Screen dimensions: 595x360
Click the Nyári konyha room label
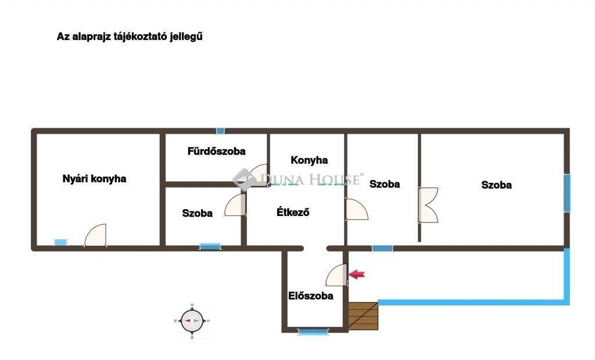94,179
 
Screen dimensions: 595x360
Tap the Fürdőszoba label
216,152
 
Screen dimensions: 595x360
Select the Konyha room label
309,160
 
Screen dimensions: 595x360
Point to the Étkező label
293,212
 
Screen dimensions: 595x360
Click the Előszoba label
311,296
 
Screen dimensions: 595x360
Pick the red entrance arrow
357,274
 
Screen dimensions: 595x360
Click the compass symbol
192,321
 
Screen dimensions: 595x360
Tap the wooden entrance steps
363,316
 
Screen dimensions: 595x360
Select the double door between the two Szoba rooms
428,205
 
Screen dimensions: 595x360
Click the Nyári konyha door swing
95,235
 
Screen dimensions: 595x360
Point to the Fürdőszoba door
259,175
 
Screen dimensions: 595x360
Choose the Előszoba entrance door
336,275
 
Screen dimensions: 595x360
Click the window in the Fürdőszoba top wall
220,131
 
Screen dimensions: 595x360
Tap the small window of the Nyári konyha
60,242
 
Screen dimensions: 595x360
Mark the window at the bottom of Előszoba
313,332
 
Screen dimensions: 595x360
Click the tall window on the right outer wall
567,193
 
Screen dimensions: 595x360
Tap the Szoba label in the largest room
496,185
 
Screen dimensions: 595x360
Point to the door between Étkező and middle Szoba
357,209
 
